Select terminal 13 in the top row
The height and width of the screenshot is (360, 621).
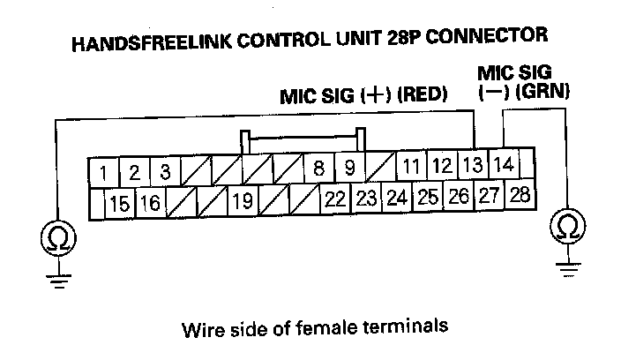pos(473,165)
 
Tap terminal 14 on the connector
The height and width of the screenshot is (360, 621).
pos(503,164)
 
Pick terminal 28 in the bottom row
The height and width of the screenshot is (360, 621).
pos(520,195)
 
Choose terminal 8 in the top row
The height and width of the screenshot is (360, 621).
pos(318,168)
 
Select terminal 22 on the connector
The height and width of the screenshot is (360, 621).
pos(333,199)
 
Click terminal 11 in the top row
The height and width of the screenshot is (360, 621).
pos(411,167)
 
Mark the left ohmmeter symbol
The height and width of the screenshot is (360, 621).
pos(57,237)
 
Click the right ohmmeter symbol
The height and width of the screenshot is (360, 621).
pos(569,228)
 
